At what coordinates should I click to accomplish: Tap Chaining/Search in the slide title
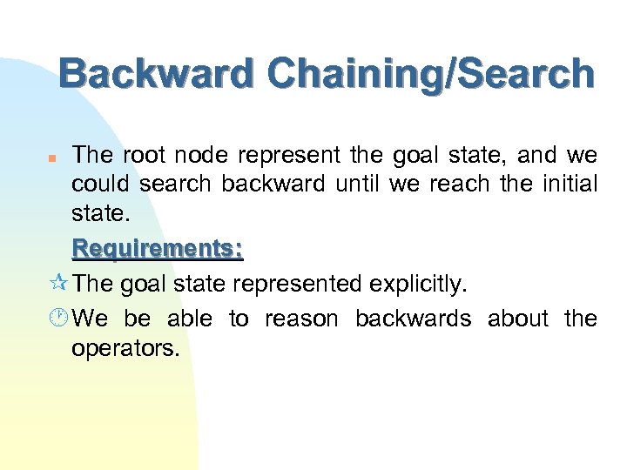432,76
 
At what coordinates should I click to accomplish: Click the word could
98,185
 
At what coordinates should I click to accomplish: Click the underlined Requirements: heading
158,249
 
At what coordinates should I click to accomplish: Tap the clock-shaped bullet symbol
61,319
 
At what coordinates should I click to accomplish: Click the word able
189,319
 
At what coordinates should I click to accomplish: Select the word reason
300,319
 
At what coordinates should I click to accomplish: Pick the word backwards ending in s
413,319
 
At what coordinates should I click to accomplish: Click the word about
518,319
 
